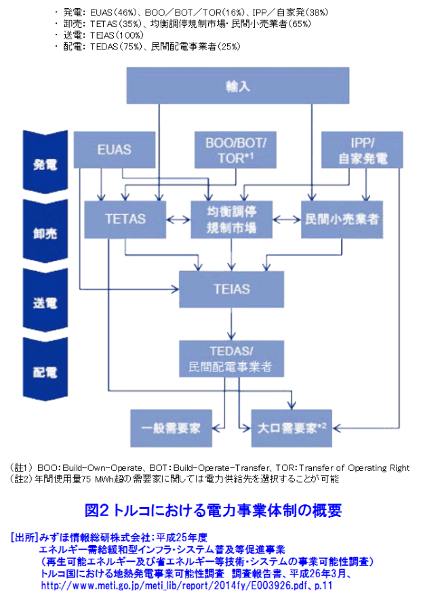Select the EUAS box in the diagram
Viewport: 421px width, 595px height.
[x=113, y=150]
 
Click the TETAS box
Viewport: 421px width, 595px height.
[x=125, y=220]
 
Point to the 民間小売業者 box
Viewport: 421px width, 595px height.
[x=341, y=220]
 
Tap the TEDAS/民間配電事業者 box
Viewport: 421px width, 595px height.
[x=231, y=358]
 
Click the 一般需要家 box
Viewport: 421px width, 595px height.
[x=172, y=428]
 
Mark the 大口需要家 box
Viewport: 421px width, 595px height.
[x=293, y=428]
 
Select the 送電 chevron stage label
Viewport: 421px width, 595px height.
[x=45, y=302]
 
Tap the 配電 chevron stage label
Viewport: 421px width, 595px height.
[x=45, y=371]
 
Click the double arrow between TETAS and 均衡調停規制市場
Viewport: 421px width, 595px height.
[x=178, y=220]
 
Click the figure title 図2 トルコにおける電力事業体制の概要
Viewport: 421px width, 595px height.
[x=213, y=510]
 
